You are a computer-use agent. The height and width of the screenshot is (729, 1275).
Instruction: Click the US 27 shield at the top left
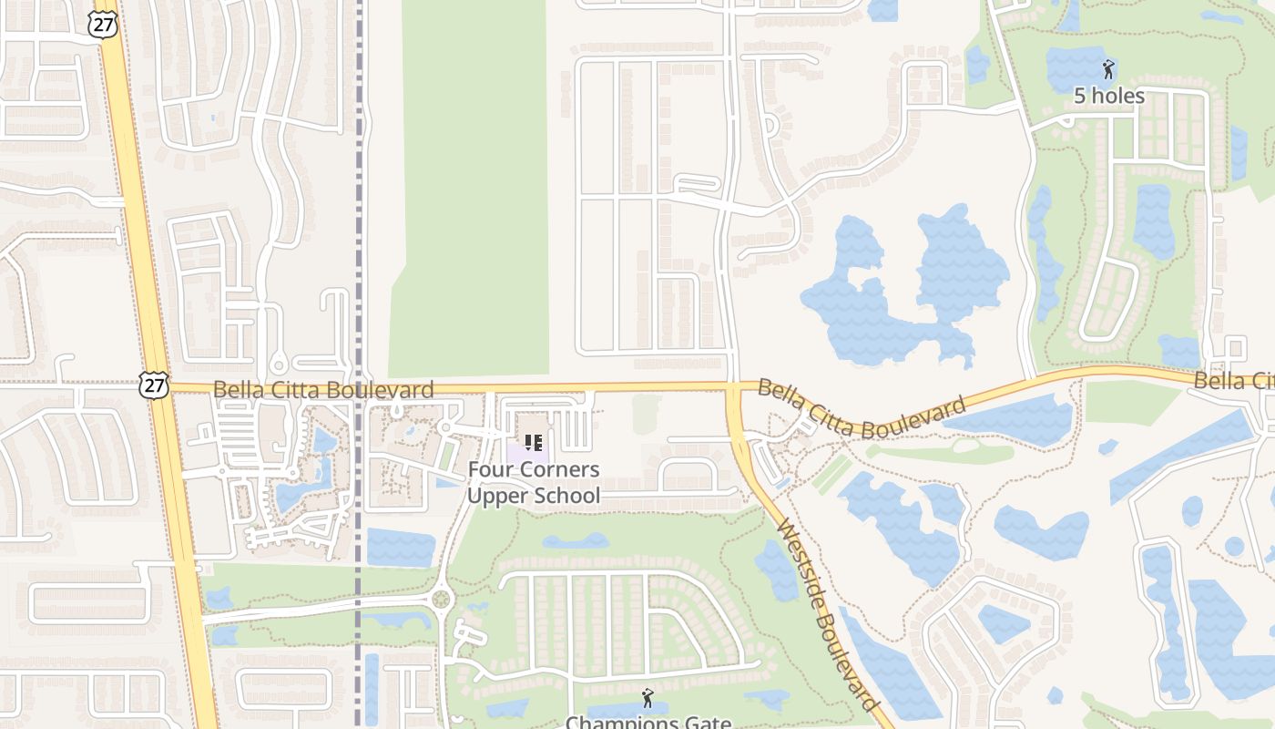click(x=103, y=24)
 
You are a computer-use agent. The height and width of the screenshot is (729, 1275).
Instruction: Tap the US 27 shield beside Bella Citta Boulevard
click(x=154, y=386)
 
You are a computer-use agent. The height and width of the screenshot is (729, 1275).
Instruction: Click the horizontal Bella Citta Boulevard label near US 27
click(x=323, y=390)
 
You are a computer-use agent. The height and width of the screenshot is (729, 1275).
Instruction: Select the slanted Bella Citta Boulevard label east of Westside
click(x=861, y=409)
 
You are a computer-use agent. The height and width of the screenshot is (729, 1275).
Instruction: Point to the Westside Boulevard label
click(x=828, y=616)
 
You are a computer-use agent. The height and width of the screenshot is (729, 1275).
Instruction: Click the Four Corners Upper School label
click(x=534, y=483)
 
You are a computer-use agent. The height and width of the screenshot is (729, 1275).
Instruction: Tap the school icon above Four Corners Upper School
click(x=534, y=444)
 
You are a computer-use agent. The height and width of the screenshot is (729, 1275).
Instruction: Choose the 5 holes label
click(x=1108, y=96)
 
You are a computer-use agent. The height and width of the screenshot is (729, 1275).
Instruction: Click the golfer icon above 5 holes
click(x=1108, y=69)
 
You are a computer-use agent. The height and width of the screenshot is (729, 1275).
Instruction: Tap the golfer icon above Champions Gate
click(x=648, y=698)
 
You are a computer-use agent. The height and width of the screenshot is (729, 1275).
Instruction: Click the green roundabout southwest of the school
click(x=443, y=600)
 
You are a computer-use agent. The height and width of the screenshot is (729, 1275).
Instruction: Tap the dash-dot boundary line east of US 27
click(x=360, y=228)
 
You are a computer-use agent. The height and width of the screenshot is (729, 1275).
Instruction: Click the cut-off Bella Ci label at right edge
click(x=1233, y=381)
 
